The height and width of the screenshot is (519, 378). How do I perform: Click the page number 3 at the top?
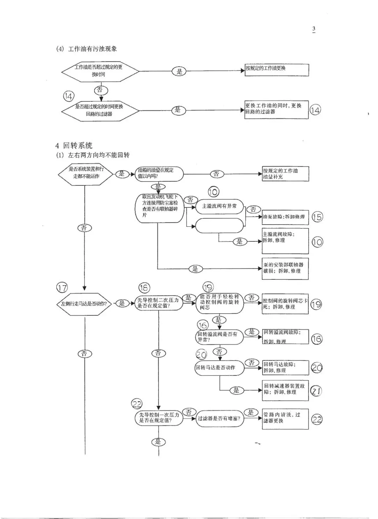pos(314,29)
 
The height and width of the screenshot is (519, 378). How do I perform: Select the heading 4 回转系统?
pos(74,146)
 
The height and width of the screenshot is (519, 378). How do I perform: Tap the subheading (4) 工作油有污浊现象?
pos(86,49)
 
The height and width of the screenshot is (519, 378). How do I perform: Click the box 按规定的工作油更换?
pos(276,70)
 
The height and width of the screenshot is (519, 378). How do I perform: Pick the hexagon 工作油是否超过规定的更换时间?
pos(100,71)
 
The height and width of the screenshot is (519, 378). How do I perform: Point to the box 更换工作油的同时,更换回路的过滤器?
pos(276,110)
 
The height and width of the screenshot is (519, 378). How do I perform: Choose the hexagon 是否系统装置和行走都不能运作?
pos(86,173)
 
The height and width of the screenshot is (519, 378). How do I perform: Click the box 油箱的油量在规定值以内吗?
pos(159,174)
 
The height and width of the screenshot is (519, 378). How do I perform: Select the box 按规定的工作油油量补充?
pos(285,174)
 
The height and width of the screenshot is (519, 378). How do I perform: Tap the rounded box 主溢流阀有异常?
pos(219,206)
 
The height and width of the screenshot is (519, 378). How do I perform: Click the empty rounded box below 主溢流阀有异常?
pos(219,226)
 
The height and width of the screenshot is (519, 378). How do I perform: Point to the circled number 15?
pos(317,217)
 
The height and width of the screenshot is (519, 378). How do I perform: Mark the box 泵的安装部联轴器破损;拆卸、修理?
pos(285,268)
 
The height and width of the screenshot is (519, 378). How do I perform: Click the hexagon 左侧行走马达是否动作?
pos(84,304)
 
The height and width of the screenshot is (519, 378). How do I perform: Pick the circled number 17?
pos(62,288)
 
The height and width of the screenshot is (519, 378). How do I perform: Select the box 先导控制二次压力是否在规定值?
pos(159,303)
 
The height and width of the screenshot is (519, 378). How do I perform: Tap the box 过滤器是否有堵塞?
pos(219,418)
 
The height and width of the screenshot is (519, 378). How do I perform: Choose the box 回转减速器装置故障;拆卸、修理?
pos(285,390)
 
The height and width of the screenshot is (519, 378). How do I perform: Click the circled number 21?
pos(316,391)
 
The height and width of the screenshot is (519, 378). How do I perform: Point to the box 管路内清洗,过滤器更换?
pos(285,418)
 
